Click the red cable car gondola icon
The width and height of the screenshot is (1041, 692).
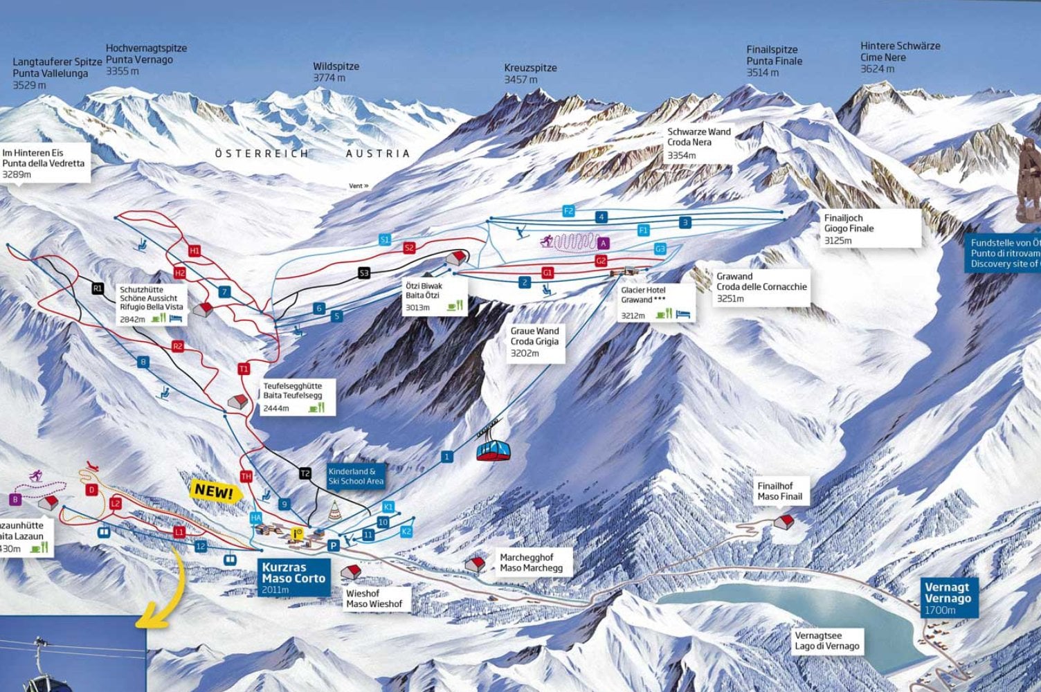[494, 450]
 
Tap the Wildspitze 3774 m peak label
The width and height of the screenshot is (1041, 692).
[336, 72]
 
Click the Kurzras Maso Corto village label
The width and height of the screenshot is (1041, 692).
[293, 578]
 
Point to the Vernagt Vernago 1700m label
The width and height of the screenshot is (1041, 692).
[948, 598]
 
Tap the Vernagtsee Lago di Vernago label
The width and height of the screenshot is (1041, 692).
[826, 641]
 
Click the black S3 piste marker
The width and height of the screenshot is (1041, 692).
[364, 273]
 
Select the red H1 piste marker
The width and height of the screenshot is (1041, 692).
[194, 251]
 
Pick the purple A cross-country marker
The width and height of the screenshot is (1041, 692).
[604, 243]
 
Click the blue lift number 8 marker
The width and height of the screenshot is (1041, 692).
[144, 362]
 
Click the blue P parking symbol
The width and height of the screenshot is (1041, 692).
[333, 545]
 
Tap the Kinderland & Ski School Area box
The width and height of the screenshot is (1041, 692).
[355, 476]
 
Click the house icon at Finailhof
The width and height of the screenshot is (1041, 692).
[784, 521]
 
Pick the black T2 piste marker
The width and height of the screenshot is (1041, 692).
[305, 473]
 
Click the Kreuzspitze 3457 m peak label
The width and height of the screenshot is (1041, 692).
[530, 73]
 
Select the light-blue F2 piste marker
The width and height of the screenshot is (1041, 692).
[568, 211]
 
